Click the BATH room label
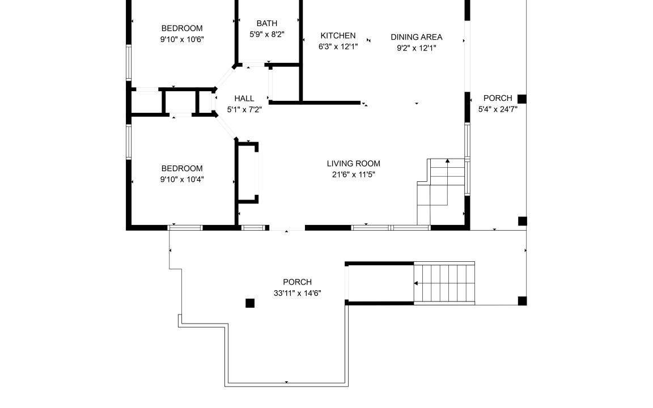pos(267,23)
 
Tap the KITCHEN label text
pos(338,36)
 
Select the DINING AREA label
pos(417,37)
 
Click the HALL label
pos(244,99)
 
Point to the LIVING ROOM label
pos(354,164)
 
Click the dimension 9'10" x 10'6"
pos(182,40)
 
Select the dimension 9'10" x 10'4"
pos(182,180)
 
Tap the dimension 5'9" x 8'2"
pos(267,34)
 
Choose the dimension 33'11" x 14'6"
pos(298,293)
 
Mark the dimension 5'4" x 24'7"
pos(498,109)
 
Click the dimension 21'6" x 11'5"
pos(354,175)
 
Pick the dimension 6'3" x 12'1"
pos(338,46)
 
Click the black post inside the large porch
pos(250,303)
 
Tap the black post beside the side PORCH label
pos(522,99)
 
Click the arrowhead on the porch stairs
pos(415,283)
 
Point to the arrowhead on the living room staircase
pos(448,160)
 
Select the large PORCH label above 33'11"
pos(298,282)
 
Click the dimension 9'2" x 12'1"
pos(417,48)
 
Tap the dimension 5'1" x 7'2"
pos(244,109)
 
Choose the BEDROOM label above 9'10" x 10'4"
pos(182,169)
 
